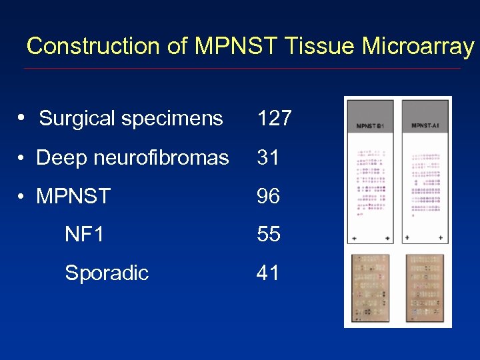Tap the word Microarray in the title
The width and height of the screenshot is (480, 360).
click(x=417, y=46)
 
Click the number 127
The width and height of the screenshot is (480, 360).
click(x=274, y=119)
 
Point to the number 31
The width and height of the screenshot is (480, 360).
click(x=267, y=158)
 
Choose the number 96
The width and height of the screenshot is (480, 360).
click(x=269, y=197)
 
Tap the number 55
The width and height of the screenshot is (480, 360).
click(x=269, y=235)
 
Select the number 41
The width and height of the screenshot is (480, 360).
click(x=267, y=273)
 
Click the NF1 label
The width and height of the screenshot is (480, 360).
click(x=84, y=235)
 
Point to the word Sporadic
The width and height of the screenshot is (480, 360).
click(x=107, y=273)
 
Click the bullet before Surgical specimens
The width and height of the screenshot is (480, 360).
click(x=22, y=118)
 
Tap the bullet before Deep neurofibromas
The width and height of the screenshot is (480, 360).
click(x=22, y=158)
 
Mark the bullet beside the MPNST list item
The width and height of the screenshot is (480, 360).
click(x=22, y=197)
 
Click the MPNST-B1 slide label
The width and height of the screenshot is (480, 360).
click(x=371, y=126)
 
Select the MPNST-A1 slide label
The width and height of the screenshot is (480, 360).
click(x=425, y=126)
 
